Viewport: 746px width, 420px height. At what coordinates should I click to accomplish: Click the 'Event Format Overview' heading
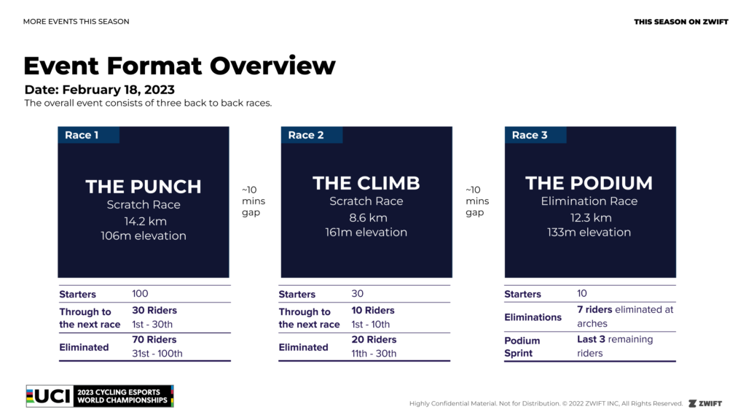tap(179, 66)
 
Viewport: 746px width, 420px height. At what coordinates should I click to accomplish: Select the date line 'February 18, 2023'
tap(119, 90)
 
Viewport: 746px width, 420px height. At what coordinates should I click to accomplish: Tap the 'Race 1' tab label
tap(82, 135)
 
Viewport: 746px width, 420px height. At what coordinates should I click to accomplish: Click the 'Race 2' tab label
tap(306, 135)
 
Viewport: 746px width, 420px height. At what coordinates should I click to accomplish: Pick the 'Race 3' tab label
tap(530, 135)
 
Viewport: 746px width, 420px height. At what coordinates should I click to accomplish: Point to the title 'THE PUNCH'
tap(144, 187)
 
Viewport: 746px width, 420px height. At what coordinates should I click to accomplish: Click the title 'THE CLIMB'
tap(366, 183)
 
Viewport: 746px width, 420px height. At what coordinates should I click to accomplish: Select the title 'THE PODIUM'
tap(589, 183)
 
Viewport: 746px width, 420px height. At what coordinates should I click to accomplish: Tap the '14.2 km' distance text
tap(145, 222)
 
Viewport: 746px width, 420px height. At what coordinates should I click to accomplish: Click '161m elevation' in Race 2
tap(366, 233)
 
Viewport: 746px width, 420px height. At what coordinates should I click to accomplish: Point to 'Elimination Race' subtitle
tap(589, 201)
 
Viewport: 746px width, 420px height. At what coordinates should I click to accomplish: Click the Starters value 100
tap(140, 294)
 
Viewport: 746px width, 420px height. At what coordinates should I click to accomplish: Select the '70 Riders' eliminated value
tap(154, 340)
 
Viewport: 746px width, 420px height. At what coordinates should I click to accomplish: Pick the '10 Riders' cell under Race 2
tap(373, 311)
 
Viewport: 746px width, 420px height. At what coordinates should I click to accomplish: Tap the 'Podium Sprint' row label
tap(522, 346)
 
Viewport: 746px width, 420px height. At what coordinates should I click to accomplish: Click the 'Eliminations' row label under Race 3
tap(533, 317)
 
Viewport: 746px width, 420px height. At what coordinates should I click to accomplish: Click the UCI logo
tap(100, 396)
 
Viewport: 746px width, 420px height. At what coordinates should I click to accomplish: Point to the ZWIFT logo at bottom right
tap(705, 404)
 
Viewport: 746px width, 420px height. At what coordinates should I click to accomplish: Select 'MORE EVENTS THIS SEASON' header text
tap(76, 21)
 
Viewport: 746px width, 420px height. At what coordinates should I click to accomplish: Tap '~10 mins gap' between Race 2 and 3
tap(477, 201)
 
